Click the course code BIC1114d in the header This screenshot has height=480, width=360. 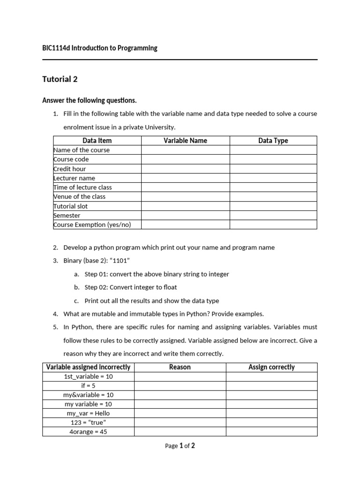[x=56, y=48]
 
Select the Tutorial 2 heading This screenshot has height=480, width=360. [x=60, y=79]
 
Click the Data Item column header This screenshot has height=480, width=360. [x=97, y=141]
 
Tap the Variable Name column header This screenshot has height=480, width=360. [x=185, y=141]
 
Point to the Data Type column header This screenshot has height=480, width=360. [x=273, y=141]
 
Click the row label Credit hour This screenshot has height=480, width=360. [x=70, y=169]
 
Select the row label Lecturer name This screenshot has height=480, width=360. [x=74, y=178]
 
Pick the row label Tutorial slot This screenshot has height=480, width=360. [x=71, y=206]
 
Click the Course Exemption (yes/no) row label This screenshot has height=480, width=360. [x=92, y=225]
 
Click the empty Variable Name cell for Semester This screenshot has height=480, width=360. [x=185, y=216]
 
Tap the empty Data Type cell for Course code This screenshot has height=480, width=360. [x=273, y=159]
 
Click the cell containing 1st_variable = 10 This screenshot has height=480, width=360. [x=88, y=376]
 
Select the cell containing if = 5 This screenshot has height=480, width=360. [x=88, y=386]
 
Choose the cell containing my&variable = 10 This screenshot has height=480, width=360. [x=88, y=395]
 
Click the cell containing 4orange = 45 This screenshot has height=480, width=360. [x=88, y=432]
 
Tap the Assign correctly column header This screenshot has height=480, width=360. [x=271, y=367]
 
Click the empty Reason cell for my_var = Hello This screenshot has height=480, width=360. [x=180, y=413]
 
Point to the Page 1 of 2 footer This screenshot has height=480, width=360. [x=180, y=446]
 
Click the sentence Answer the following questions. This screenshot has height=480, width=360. [x=90, y=100]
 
